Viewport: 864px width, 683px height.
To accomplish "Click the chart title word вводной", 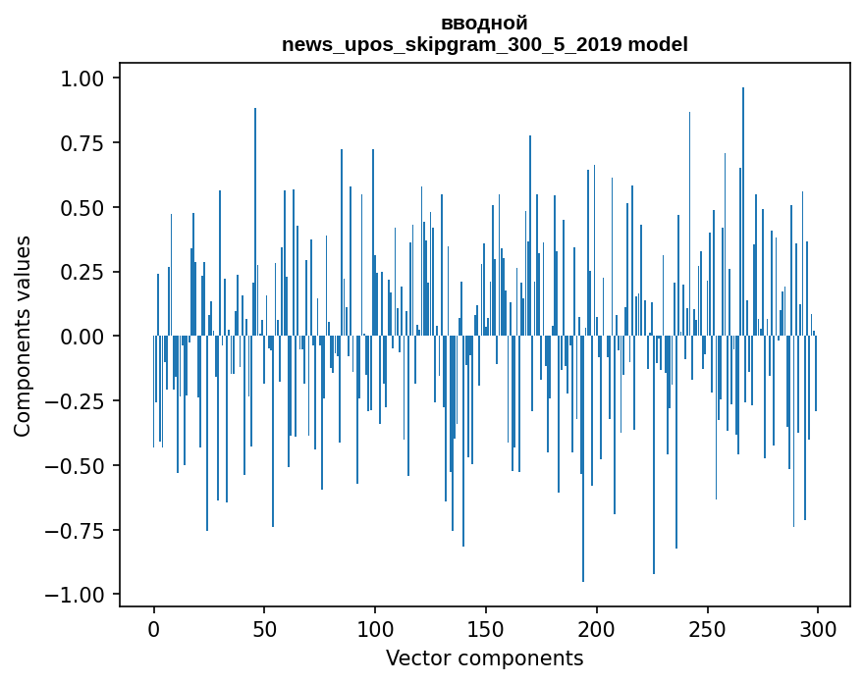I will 484,24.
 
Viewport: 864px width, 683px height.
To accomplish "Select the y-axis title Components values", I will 23,336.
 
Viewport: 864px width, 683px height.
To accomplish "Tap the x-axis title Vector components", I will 484,658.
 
